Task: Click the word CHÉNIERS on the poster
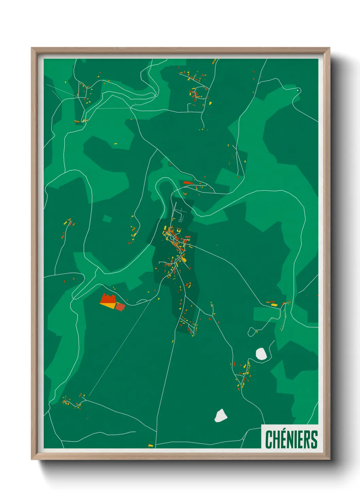(291, 439)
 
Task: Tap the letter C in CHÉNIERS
(269, 439)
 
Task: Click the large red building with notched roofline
(108, 299)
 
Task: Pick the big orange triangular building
(110, 305)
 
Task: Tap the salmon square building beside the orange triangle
(120, 306)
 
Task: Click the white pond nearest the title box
(220, 415)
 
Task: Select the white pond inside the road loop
(261, 354)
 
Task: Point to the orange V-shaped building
(185, 194)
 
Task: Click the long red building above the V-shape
(188, 183)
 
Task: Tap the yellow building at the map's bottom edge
(151, 445)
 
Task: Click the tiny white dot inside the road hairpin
(298, 90)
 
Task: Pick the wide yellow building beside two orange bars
(274, 305)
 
